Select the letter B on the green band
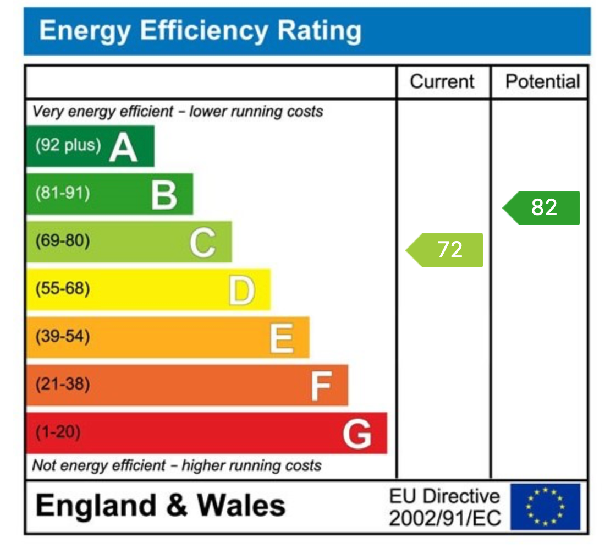164,194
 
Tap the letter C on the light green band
202,242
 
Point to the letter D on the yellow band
241,290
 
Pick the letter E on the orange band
281,338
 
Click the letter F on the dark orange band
321,385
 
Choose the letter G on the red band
357,434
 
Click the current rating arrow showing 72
446,250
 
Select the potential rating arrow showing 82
542,208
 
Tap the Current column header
442,82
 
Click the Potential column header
542,82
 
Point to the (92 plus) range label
68,145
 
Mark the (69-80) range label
62,241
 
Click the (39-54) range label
62,336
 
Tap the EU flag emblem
544,506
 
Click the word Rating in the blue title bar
319,31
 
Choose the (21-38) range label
62,384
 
